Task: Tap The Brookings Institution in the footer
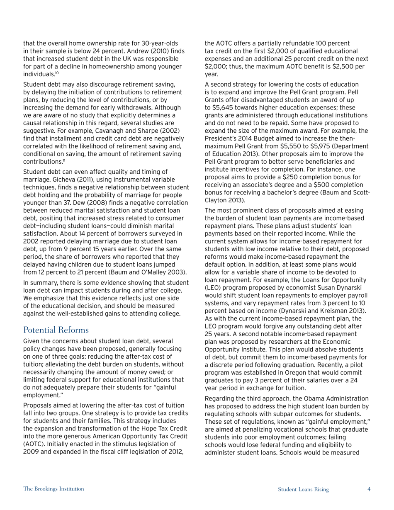click(x=54, y=489)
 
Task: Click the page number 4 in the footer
click(x=369, y=489)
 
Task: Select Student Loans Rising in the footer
click(x=303, y=489)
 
